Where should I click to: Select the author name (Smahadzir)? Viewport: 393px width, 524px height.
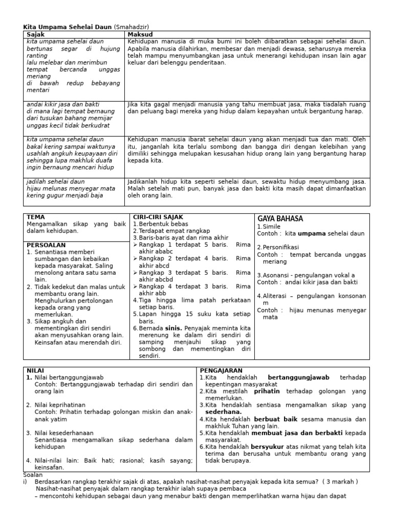tap(135, 27)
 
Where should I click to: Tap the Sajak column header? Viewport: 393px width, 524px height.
tap(36, 34)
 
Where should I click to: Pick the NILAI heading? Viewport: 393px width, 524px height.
tap(35, 370)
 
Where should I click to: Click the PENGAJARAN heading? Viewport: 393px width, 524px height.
tap(221, 370)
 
